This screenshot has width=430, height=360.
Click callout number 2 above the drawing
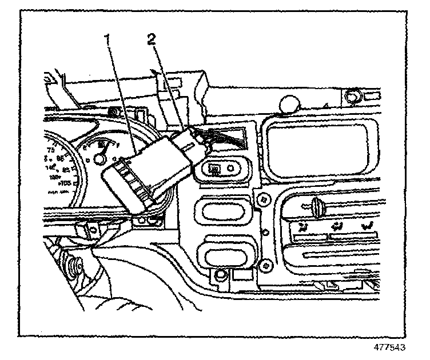click(x=151, y=38)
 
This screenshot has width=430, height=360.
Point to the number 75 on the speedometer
click(x=51, y=150)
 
